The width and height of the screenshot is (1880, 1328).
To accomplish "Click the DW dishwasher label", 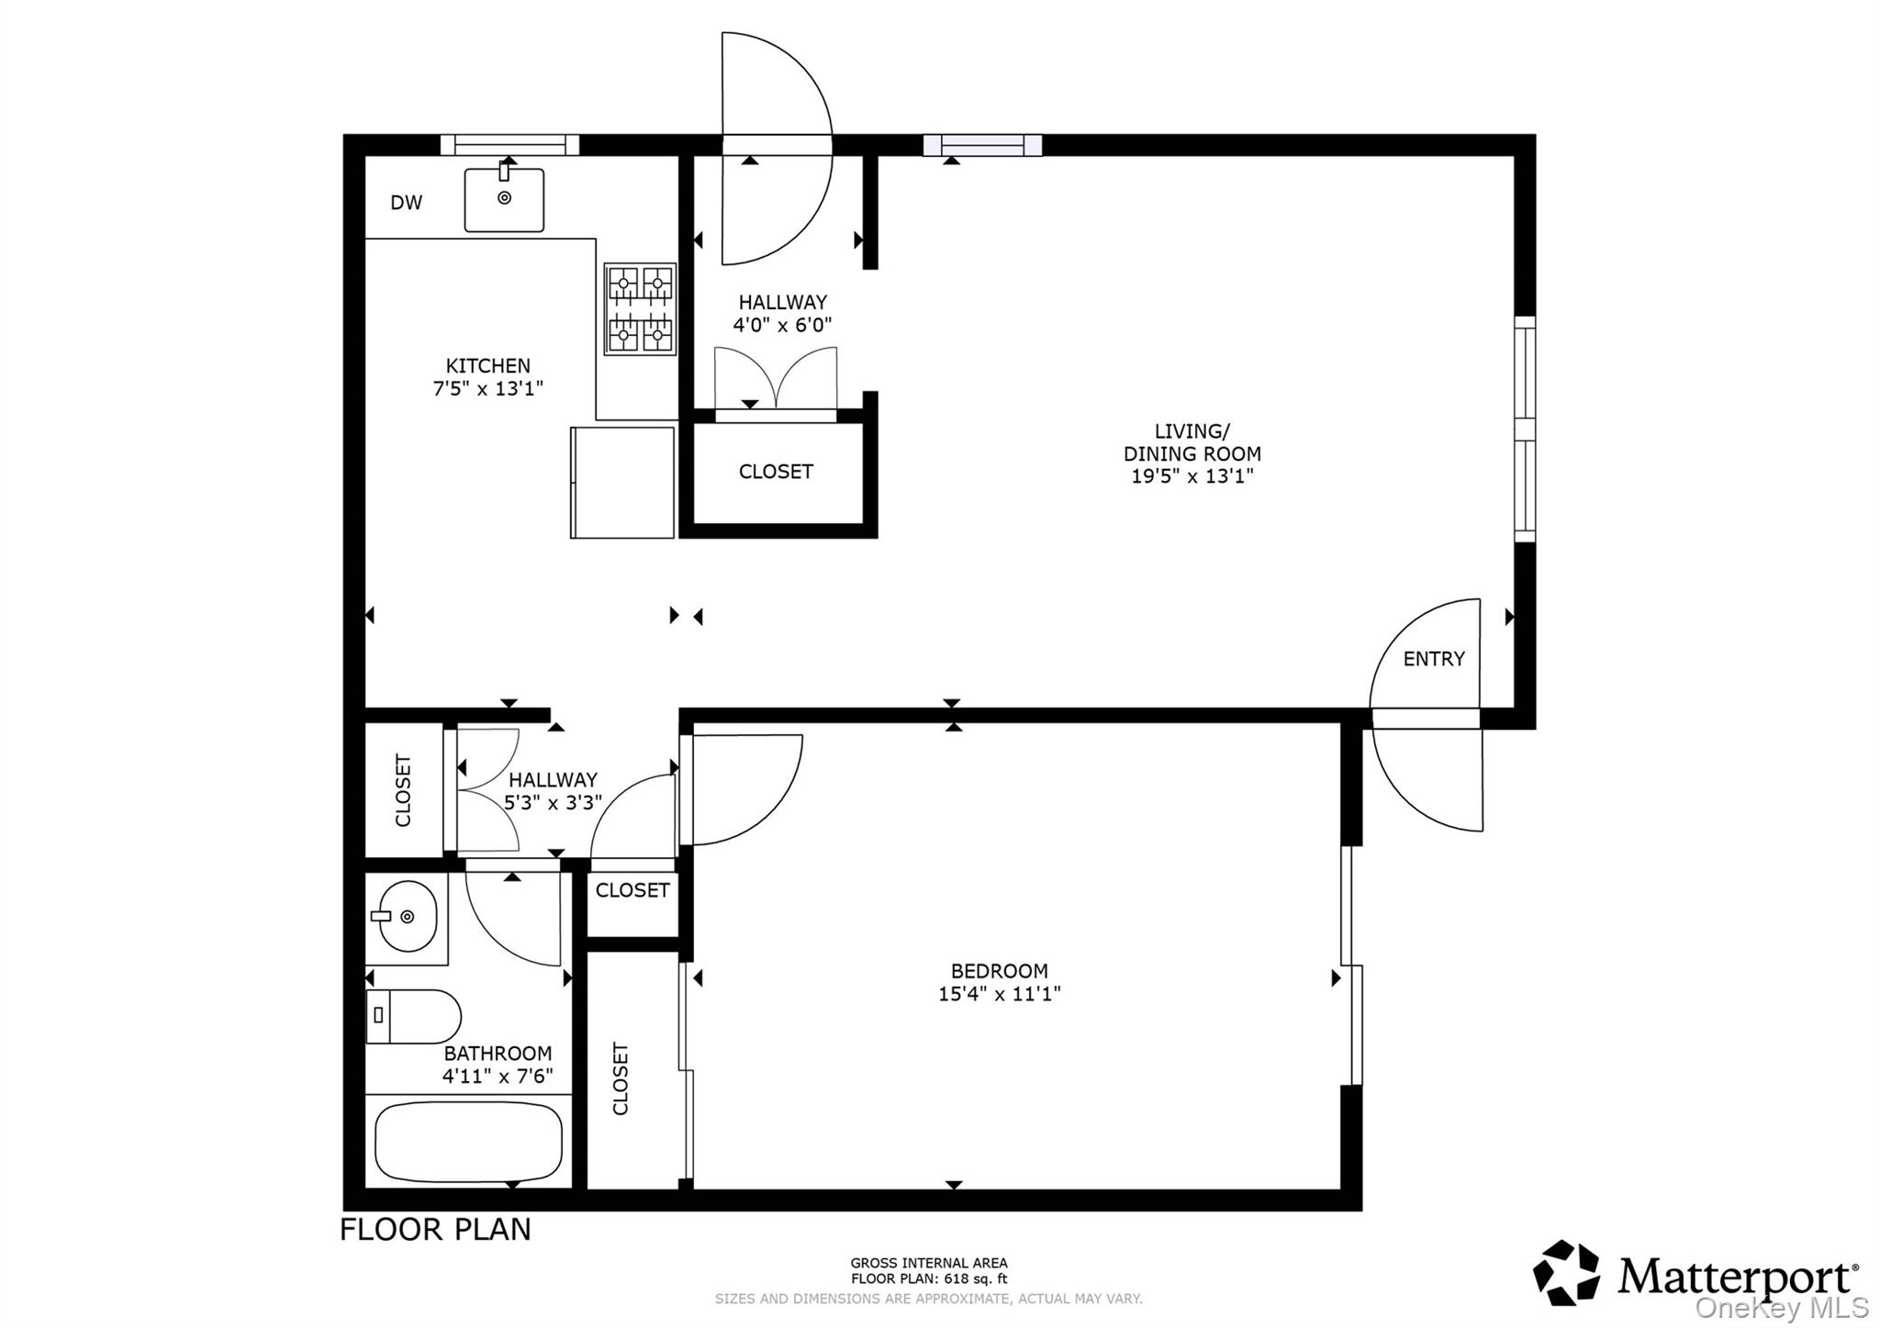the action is tap(407, 203).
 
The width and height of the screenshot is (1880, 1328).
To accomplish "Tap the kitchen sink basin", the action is tap(504, 200).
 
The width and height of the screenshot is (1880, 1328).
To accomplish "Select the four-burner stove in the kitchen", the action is tap(640, 309).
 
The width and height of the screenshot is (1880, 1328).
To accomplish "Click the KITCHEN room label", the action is tap(488, 365).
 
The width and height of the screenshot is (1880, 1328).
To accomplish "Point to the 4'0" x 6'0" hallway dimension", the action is tap(782, 325).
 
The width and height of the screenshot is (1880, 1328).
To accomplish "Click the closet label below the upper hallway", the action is tap(776, 472).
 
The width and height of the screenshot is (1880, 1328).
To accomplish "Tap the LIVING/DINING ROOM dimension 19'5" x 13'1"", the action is tap(1192, 476).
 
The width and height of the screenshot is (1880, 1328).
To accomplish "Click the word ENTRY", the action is tap(1434, 659).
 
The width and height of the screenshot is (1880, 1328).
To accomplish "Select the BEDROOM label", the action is tap(1000, 971).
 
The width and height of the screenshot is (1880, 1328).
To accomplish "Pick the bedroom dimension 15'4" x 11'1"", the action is tap(1000, 994).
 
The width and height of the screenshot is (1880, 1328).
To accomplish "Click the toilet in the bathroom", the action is tap(413, 1016).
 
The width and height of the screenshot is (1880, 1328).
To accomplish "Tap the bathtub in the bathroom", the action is tap(469, 1142).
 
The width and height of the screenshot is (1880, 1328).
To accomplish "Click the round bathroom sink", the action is tap(408, 916).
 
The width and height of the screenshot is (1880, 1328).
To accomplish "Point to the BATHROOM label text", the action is tap(498, 1054).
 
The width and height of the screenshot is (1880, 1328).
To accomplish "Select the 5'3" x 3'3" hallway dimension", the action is tap(553, 802).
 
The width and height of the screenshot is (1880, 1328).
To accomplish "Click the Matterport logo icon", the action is tap(1567, 1273).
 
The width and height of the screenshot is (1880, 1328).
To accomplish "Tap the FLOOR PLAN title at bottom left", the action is tap(435, 1230).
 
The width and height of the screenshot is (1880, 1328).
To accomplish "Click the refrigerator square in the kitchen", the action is tap(622, 482).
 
